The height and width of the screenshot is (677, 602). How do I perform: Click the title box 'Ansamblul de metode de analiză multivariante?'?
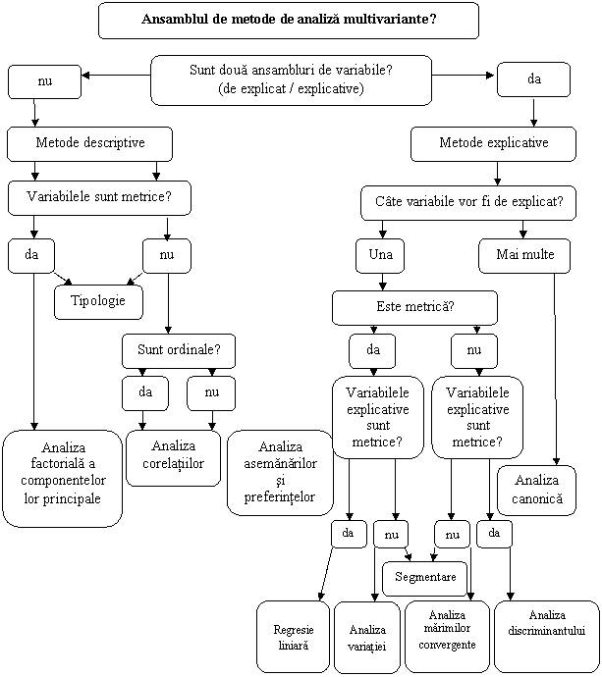(289, 20)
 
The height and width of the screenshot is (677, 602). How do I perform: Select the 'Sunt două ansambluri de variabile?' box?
(291, 79)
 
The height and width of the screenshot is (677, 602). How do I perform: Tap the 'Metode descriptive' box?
(89, 143)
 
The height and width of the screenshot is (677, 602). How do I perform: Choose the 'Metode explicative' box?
(493, 143)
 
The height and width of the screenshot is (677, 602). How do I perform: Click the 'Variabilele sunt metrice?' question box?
(98, 196)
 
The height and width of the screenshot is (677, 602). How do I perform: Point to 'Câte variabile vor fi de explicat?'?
(468, 202)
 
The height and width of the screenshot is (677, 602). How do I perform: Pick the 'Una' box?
(380, 255)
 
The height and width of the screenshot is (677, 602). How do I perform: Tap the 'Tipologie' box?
(98, 301)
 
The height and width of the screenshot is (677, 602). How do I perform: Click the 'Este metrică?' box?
(414, 307)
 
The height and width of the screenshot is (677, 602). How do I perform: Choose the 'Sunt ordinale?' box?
(179, 349)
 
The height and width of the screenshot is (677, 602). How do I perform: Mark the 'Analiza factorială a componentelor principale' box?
(63, 478)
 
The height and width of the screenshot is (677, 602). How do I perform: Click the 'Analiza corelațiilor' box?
(172, 456)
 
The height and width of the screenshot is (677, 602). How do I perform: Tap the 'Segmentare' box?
(424, 578)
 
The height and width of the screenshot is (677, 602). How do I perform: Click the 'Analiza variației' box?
(366, 638)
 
